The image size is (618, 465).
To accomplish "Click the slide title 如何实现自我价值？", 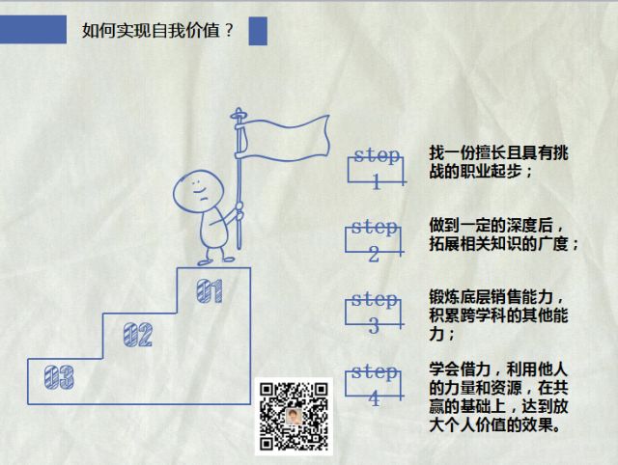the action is (x=157, y=30).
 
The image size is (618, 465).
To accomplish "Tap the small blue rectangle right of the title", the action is (x=258, y=31).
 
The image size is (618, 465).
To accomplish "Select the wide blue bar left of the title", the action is (x=33, y=29).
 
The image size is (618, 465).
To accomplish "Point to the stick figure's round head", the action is (x=198, y=192).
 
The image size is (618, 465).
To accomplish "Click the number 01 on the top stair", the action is (x=210, y=291).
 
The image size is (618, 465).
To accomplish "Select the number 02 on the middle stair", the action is (x=137, y=335).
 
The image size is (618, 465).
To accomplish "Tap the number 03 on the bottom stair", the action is (x=59, y=377).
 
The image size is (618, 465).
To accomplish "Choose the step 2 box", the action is (x=374, y=240).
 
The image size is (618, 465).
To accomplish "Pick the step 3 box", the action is (x=374, y=313).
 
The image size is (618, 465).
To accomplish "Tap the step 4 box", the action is (x=374, y=384).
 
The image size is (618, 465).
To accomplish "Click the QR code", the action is (x=294, y=416).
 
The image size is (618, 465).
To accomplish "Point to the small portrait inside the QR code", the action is (x=294, y=417).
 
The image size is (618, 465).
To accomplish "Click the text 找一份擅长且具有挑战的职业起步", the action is (x=498, y=162).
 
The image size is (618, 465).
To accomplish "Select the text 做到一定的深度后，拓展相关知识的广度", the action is (x=504, y=234).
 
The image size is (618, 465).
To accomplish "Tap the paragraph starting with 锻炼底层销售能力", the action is (x=498, y=315).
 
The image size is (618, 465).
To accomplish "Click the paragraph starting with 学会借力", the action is (x=498, y=397).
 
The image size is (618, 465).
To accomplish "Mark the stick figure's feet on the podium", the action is (x=216, y=260).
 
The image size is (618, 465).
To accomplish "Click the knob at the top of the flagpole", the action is (x=239, y=114).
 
